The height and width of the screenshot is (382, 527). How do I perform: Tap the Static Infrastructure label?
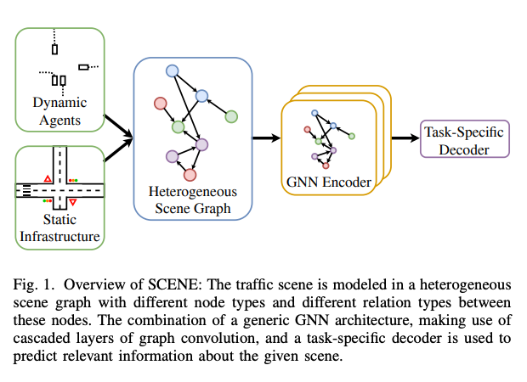click(x=59, y=228)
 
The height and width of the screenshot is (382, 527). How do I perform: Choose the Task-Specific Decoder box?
click(x=463, y=141)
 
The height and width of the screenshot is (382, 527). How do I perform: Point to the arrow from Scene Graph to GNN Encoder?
click(x=267, y=137)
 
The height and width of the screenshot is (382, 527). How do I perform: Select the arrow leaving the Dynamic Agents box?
click(x=117, y=124)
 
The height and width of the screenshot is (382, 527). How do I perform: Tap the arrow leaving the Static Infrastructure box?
click(x=117, y=148)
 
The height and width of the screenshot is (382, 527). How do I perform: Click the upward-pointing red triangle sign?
click(x=48, y=178)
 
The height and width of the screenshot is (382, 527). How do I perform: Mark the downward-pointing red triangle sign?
click(x=73, y=204)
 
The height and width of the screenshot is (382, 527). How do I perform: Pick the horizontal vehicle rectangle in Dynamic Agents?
click(x=83, y=66)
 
